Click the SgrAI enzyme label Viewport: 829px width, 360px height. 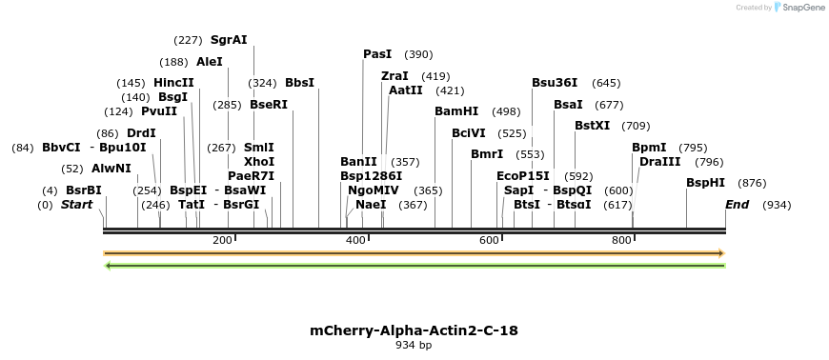229,40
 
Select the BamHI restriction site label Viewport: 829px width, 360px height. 456,111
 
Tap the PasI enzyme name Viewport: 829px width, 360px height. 377,54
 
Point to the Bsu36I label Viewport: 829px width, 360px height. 555,83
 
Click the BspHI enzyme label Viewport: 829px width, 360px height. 705,183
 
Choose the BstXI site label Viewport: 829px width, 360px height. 592,126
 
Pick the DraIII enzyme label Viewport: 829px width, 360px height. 659,162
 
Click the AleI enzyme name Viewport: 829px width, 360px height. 209,62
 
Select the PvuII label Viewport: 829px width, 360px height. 159,111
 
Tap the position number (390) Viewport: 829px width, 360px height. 418,54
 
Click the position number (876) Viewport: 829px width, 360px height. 752,183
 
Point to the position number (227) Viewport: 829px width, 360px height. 188,40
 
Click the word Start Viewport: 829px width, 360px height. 78,205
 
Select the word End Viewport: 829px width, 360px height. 737,205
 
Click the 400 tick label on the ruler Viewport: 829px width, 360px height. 355,240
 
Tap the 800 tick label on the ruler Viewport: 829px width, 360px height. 621,240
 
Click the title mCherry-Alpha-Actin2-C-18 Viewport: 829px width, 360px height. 414,330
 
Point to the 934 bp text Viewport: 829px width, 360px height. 414,345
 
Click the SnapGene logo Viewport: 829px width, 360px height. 799,8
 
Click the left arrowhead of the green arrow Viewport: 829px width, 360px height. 108,265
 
